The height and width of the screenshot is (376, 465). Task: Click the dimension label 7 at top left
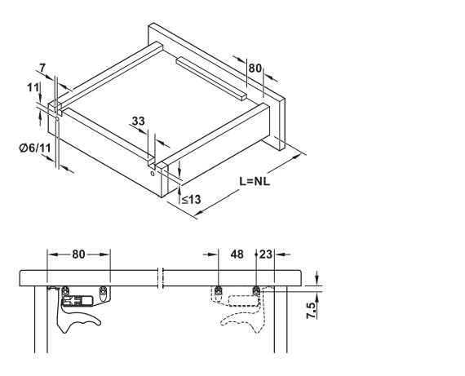click(42, 68)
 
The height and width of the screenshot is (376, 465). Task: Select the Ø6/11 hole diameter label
click(35, 148)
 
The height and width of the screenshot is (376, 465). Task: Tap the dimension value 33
click(138, 121)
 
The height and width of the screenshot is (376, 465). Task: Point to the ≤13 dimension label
click(191, 200)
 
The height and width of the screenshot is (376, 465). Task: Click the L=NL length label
click(255, 181)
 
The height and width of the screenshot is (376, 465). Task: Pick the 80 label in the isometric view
click(255, 69)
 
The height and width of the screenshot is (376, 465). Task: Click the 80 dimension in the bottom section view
click(78, 254)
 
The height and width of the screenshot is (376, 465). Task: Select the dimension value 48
click(237, 254)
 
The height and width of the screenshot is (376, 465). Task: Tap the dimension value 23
click(266, 254)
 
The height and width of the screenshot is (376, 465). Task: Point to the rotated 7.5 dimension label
click(312, 310)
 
